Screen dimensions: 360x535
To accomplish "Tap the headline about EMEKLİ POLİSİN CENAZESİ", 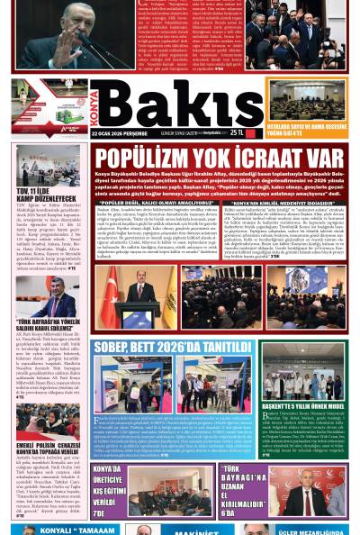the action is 50,449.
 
